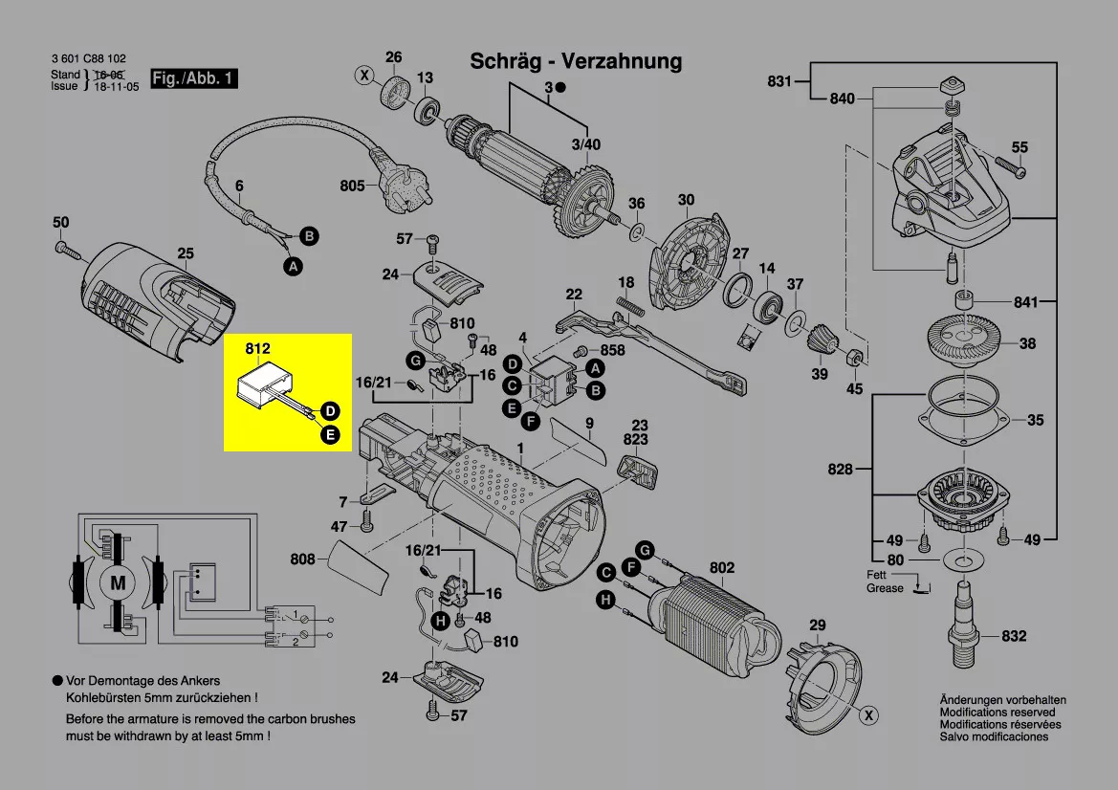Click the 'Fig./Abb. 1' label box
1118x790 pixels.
pos(194,78)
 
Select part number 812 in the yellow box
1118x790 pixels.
pos(257,349)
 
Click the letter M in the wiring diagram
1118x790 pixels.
pos(118,582)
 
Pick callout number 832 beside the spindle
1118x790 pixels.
pos(1014,636)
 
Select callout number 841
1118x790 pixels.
pos(1025,302)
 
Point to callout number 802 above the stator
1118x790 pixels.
pos(722,568)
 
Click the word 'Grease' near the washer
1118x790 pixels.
pos(885,588)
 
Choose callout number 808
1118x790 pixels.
pos(302,559)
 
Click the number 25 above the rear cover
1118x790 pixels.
pos(186,253)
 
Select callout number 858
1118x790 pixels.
pos(612,350)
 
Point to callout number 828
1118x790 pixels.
pos(841,470)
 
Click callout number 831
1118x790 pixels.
pos(779,81)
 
